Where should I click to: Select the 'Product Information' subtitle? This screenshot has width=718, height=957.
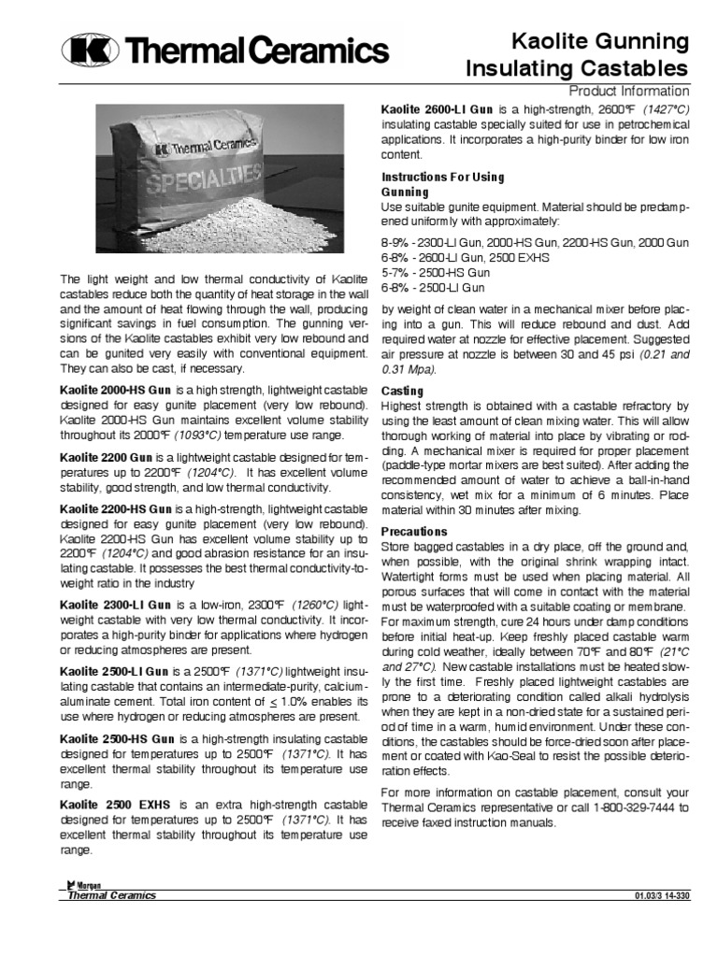(629, 91)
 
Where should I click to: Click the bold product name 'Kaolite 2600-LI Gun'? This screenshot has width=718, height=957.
(438, 109)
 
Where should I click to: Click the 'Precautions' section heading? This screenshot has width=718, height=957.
(414, 531)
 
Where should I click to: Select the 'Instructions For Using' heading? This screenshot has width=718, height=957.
(442, 177)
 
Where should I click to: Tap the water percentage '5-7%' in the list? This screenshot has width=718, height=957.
(395, 272)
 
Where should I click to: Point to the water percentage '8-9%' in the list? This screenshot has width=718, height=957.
(396, 242)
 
